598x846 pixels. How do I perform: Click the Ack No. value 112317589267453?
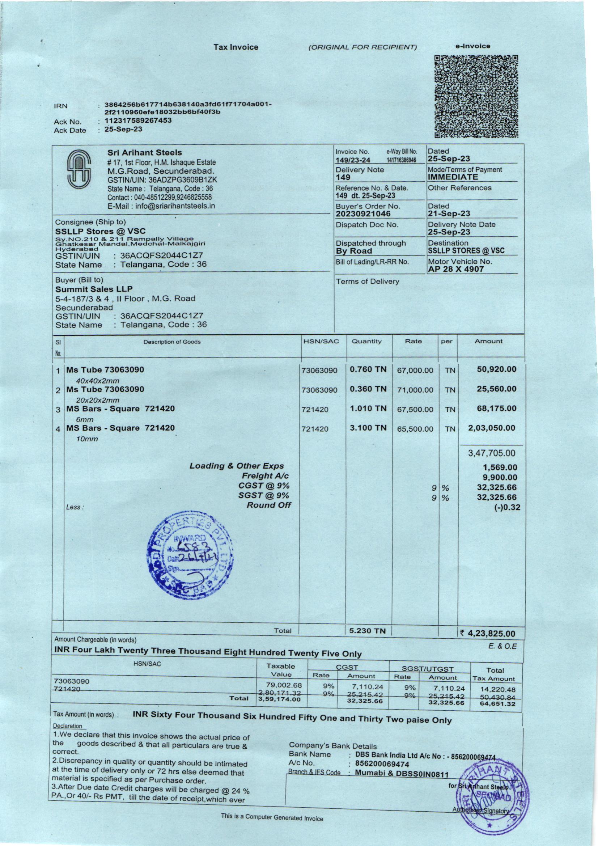(138, 120)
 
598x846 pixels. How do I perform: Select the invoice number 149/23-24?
(353, 160)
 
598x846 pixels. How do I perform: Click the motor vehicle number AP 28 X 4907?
(455, 269)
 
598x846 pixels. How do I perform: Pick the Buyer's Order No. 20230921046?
(363, 214)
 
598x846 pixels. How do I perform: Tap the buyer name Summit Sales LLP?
(94, 289)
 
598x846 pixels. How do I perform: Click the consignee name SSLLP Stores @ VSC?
(100, 231)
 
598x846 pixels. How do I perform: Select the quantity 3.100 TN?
(368, 428)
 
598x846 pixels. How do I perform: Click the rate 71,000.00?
(415, 390)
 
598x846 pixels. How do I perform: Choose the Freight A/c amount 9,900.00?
(500, 478)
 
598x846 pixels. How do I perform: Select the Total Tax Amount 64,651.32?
(497, 704)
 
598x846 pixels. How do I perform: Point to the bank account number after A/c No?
(382, 764)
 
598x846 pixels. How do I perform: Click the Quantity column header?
(366, 341)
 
